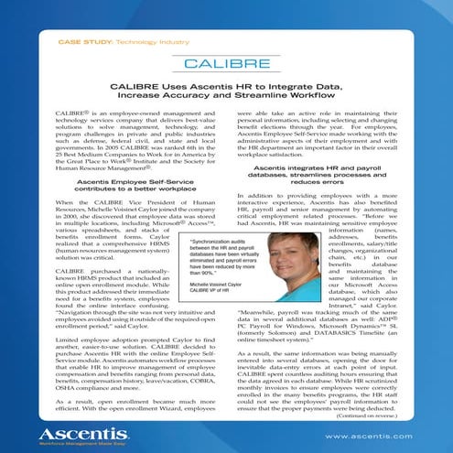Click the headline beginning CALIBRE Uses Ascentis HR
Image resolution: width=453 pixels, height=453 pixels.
(x=226, y=88)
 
